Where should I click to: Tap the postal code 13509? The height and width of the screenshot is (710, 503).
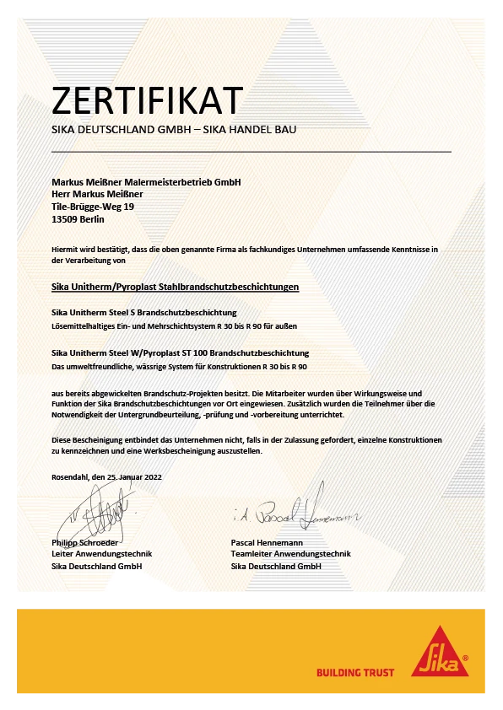coord(65,218)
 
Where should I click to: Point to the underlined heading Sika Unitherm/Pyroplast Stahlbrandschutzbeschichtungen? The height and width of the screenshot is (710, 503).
coord(176,287)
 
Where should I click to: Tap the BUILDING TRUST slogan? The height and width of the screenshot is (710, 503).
coord(355,672)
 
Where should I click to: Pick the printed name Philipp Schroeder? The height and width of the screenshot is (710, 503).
coord(85,541)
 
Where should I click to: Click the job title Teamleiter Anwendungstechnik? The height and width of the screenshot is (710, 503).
coord(290,554)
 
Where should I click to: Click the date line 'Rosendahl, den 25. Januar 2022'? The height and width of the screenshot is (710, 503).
coord(107,476)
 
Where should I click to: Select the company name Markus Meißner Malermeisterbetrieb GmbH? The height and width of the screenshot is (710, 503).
coord(146,182)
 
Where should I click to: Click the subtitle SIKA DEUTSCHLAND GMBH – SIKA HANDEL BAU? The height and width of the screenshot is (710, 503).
coord(174,130)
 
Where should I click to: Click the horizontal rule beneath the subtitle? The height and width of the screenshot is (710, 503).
coord(251,151)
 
